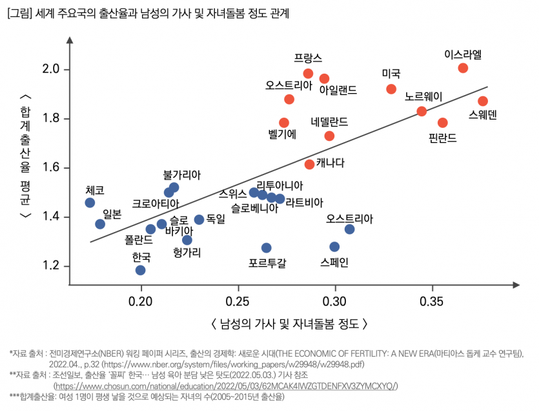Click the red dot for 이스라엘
[x=463, y=68]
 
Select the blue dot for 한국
[x=141, y=270]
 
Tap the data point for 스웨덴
[x=482, y=101]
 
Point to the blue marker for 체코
[x=90, y=202]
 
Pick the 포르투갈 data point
[x=266, y=248]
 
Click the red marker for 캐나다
[x=309, y=164]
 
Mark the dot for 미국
[x=391, y=89]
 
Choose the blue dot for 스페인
[x=334, y=246]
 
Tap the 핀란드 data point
[x=442, y=122]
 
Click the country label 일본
[x=112, y=214]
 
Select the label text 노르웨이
[x=423, y=97]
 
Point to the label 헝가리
[x=187, y=253]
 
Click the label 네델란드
[x=329, y=121]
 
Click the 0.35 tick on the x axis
[x=431, y=300]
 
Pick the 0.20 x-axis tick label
[x=141, y=300]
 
